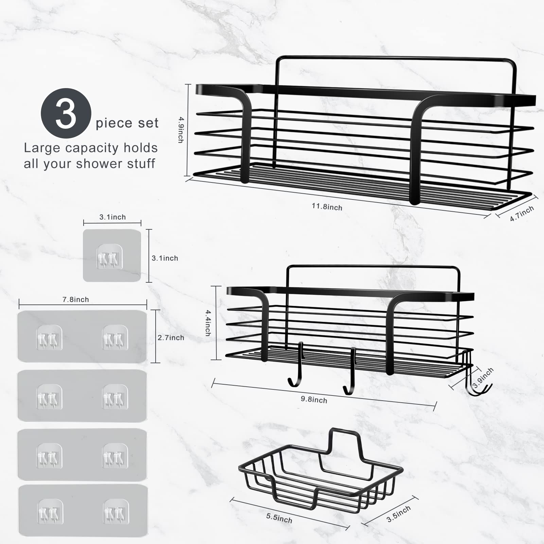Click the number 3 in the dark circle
pyautogui.click(x=66, y=113)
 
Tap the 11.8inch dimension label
pyautogui.click(x=327, y=207)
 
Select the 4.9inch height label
pyautogui.click(x=181, y=130)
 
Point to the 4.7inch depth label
pyautogui.click(x=522, y=213)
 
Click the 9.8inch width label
pyautogui.click(x=314, y=400)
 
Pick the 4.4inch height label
pyautogui.click(x=208, y=323)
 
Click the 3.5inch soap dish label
pyautogui.click(x=399, y=514)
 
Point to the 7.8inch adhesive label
pyautogui.click(x=75, y=299)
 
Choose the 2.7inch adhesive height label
pyautogui.click(x=171, y=337)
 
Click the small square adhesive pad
pyautogui.click(x=112, y=256)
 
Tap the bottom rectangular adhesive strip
pyautogui.click(x=83, y=510)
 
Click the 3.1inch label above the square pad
pyautogui.click(x=112, y=217)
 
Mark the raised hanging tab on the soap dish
pyautogui.click(x=345, y=440)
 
